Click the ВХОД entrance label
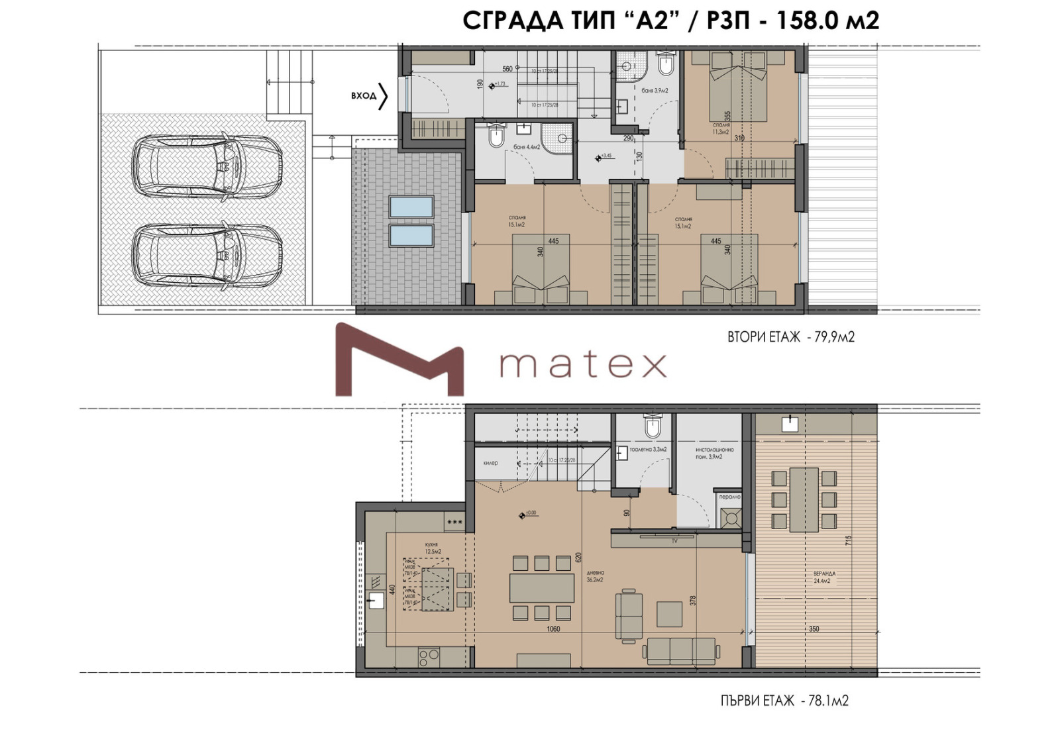[364, 96]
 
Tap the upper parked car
[207, 166]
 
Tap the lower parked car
[207, 255]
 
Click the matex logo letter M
[399, 360]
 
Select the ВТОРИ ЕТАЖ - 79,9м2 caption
[791, 337]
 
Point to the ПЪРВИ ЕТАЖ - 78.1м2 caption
[784, 701]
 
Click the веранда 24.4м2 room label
[825, 577]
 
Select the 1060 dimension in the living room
[553, 629]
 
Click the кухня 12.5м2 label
[433, 548]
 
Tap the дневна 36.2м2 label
[595, 576]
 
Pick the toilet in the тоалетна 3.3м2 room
[653, 426]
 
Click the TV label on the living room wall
[674, 541]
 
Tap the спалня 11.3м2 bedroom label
[721, 128]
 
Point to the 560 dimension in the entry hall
[507, 69]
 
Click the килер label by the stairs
[490, 463]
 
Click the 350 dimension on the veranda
[814, 629]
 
